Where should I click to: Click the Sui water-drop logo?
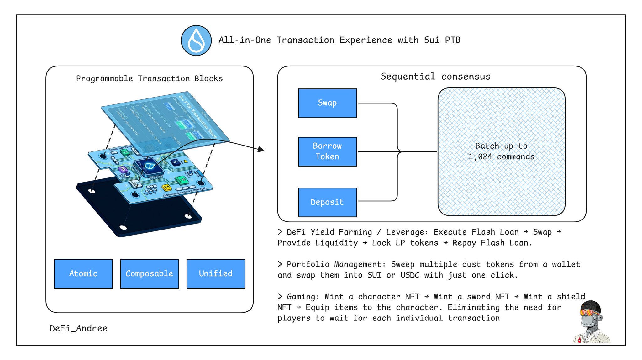(196, 40)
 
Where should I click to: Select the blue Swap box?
(327, 103)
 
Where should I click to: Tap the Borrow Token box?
(327, 151)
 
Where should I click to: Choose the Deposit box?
(327, 202)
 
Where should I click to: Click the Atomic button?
(83, 273)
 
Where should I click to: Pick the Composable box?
(150, 273)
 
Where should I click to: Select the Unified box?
(216, 273)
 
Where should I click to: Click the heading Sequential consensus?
(435, 77)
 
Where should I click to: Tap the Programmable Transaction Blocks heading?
(149, 78)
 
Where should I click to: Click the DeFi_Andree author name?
(78, 328)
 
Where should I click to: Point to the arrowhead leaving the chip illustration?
(261, 150)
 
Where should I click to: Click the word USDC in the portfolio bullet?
(410, 275)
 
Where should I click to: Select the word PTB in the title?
(452, 40)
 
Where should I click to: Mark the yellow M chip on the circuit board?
(166, 188)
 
